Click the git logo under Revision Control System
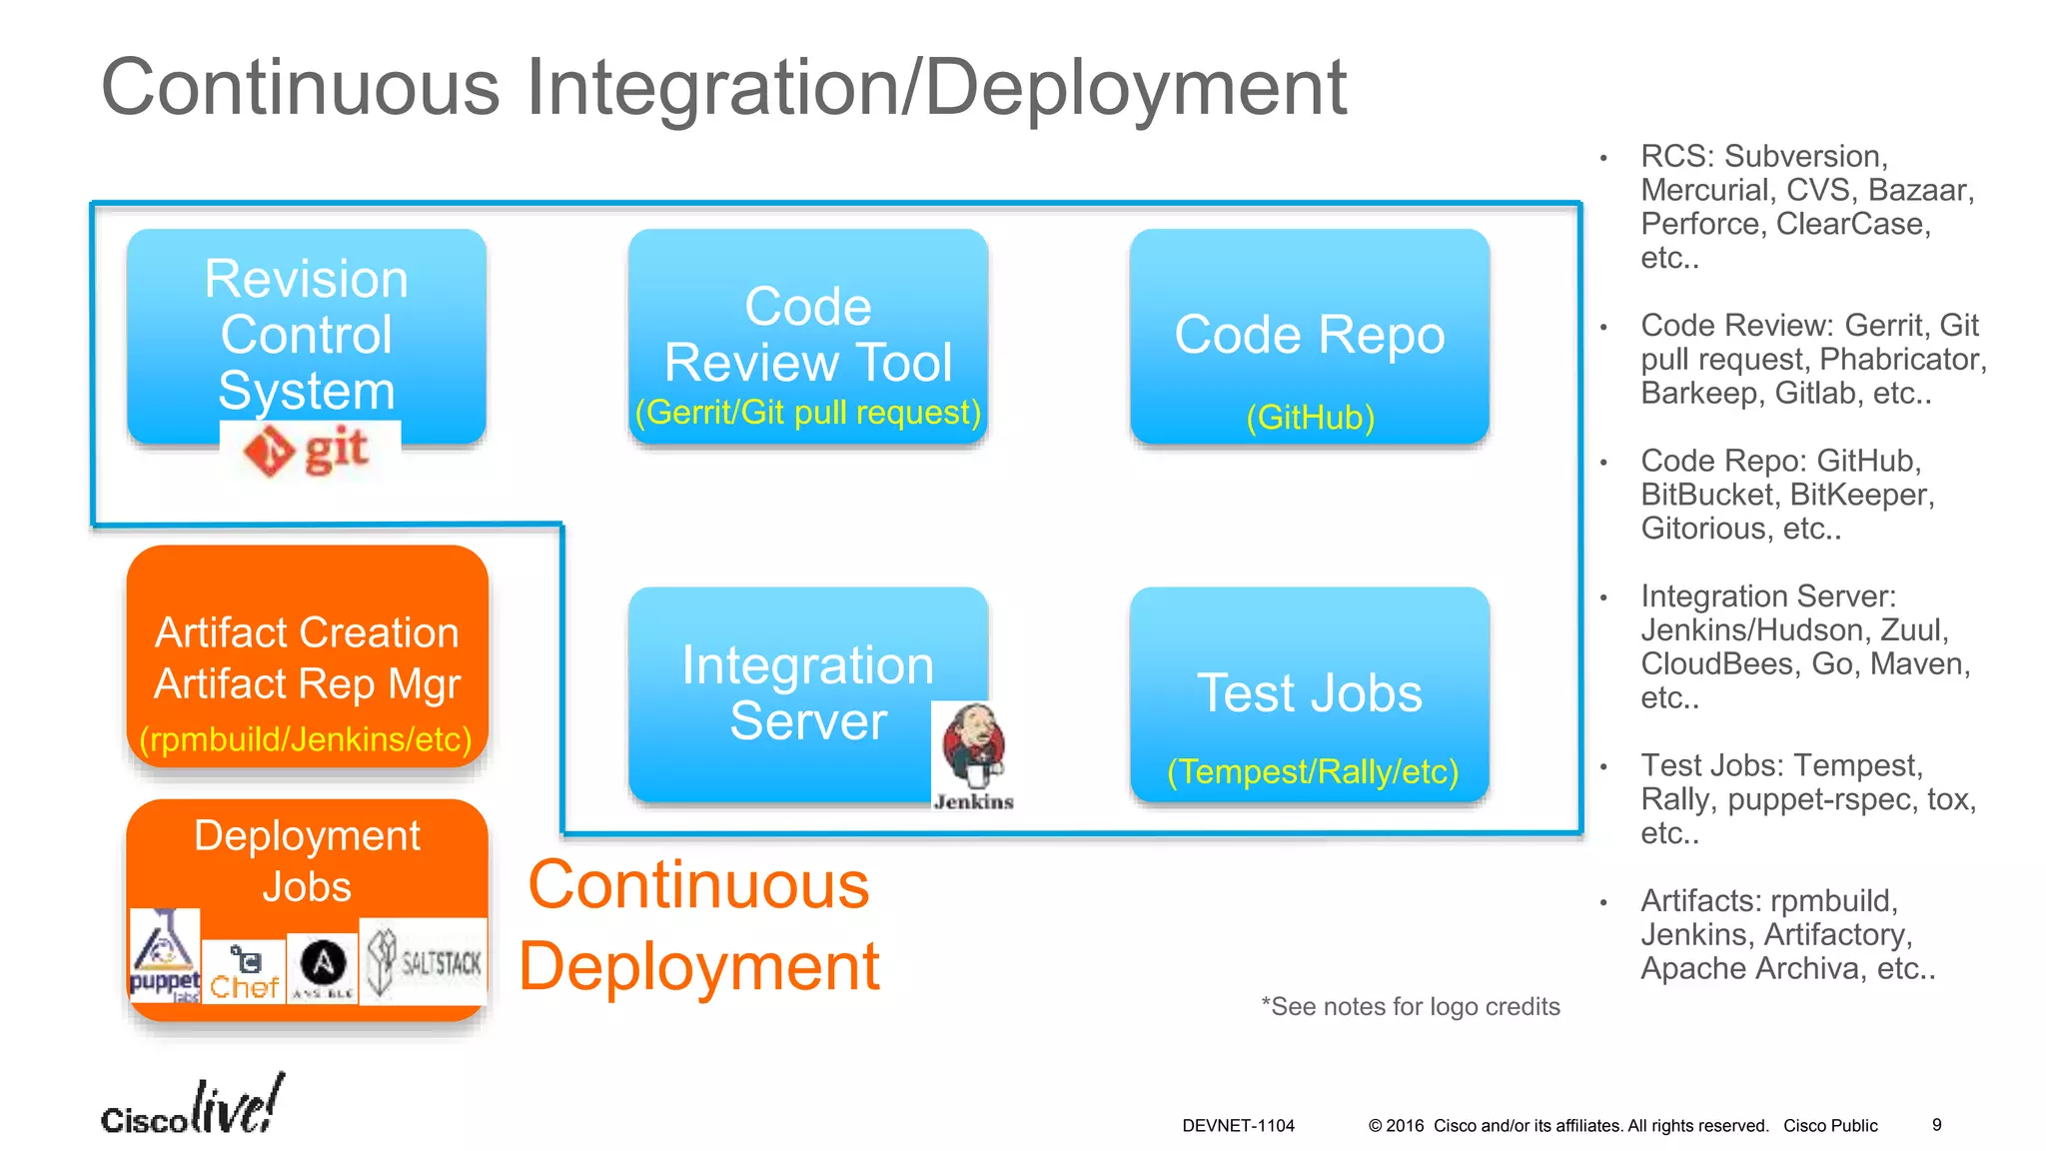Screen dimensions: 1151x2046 pyautogui.click(x=310, y=452)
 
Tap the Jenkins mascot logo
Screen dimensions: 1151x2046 pyautogui.click(x=973, y=755)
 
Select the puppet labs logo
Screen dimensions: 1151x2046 pyautogui.click(x=165, y=956)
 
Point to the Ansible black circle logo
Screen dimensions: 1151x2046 pyautogui.click(x=323, y=965)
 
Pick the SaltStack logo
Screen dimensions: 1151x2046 pyautogui.click(x=423, y=962)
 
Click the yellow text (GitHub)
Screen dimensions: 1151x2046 pyautogui.click(x=1310, y=418)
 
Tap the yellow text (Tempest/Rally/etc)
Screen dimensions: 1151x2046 pyautogui.click(x=1312, y=771)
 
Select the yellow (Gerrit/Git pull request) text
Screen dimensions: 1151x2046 pyautogui.click(x=807, y=413)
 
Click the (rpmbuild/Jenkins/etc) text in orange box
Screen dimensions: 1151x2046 pyautogui.click(x=306, y=739)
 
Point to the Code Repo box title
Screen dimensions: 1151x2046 pyautogui.click(x=1309, y=335)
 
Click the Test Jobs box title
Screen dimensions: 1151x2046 pyautogui.click(x=1309, y=693)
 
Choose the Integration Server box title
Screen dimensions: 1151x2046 pyautogui.click(x=807, y=693)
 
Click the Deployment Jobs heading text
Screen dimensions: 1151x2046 pyautogui.click(x=307, y=861)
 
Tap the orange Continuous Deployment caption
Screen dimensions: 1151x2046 pyautogui.click(x=698, y=926)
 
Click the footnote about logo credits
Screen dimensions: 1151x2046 pyautogui.click(x=1410, y=1007)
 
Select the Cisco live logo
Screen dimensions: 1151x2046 pyautogui.click(x=193, y=1107)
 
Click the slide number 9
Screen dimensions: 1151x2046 pyautogui.click(x=1936, y=1125)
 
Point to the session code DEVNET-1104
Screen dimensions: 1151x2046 pyautogui.click(x=1238, y=1126)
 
